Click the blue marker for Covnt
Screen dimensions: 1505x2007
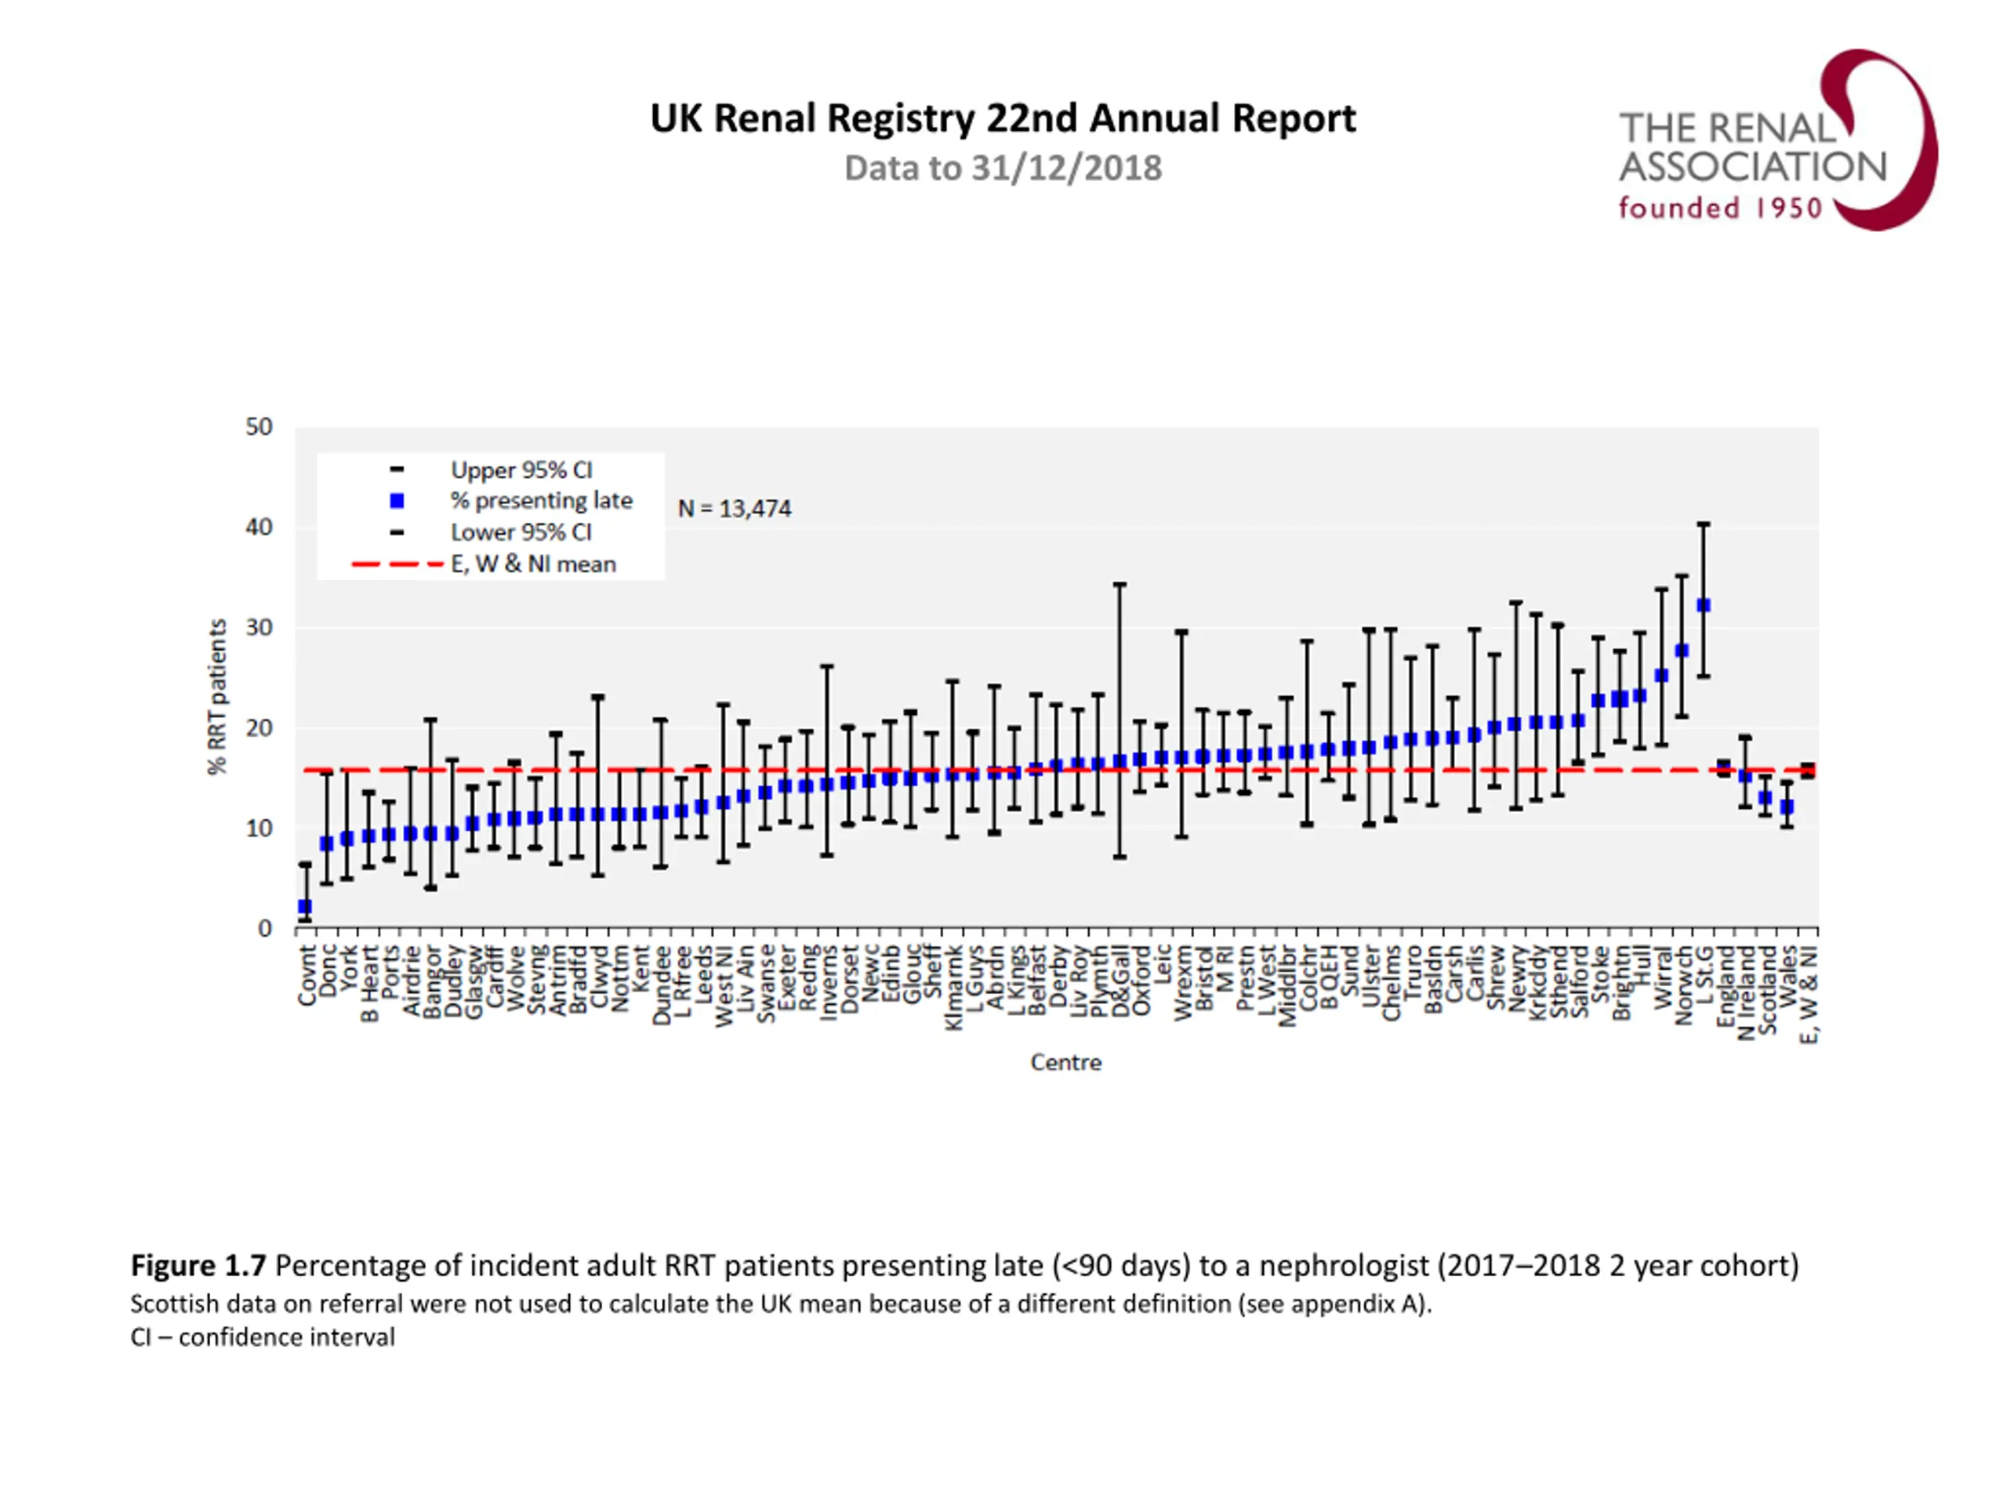(305, 906)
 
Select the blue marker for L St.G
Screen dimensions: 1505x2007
(1703, 605)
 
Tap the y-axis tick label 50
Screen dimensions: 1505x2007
(259, 427)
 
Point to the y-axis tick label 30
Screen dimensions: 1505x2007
(259, 628)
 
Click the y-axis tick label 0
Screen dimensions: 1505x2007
(265, 928)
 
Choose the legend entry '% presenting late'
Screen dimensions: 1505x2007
(541, 501)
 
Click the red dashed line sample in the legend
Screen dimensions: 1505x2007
(397, 564)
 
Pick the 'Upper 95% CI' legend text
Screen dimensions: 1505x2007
(521, 470)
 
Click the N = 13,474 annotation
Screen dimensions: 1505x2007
(734, 509)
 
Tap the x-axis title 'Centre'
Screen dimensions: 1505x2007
(1065, 1062)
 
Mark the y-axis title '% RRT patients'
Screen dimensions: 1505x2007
(217, 697)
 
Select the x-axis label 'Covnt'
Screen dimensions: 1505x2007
(307, 975)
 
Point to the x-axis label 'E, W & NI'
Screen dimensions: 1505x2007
(1809, 994)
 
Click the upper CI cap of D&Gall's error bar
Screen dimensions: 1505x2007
(1120, 584)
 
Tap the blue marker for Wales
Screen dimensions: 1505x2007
(1787, 807)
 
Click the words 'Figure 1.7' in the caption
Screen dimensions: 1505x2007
(198, 1265)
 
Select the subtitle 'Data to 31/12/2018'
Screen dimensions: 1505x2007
(1003, 169)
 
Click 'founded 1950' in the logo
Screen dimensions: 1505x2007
(1720, 209)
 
